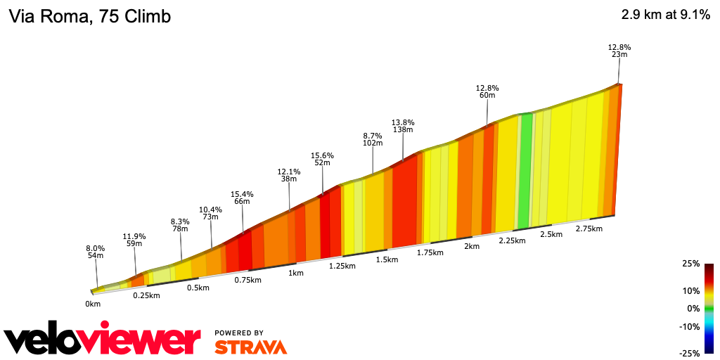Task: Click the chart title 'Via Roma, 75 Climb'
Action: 89,16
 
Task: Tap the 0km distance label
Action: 93,304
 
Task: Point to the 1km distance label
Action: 296,273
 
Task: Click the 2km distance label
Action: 471,246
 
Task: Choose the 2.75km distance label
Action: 589,229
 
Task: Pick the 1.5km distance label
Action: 387,259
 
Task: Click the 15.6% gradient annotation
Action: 322,159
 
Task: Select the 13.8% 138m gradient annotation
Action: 403,125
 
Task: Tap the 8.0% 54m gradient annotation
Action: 95,252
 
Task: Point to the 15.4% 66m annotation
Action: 242,198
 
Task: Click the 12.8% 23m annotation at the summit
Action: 619,51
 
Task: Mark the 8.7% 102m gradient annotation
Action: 372,139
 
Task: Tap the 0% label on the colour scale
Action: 694,309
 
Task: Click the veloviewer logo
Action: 103,340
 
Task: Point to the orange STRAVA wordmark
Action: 250,347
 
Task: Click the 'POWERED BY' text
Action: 239,333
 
